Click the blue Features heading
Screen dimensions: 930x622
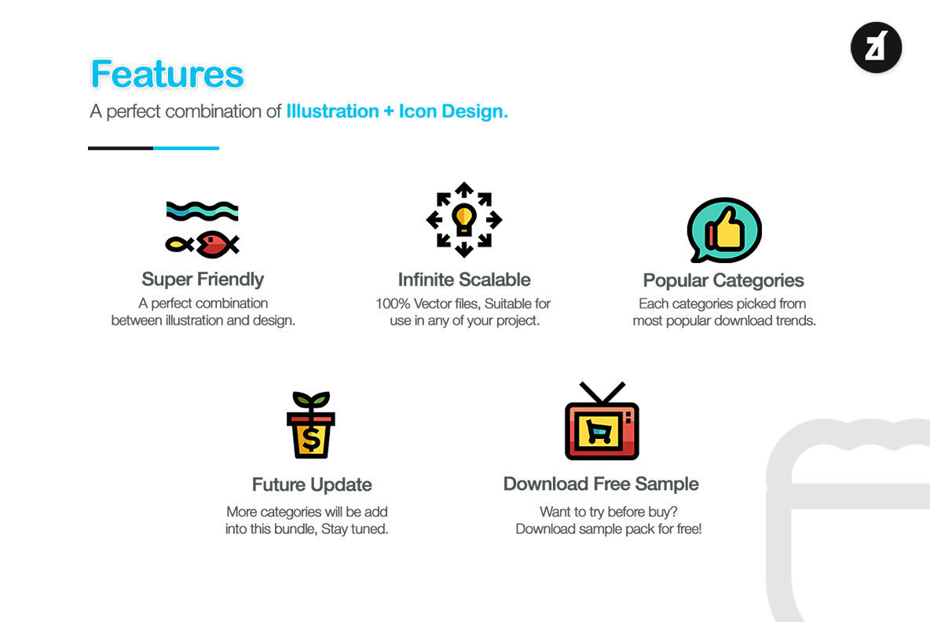click(167, 74)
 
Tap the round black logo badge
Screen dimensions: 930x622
click(876, 47)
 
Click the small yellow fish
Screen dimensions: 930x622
click(179, 243)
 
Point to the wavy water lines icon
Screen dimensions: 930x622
click(202, 210)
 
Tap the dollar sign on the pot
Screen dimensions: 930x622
click(311, 439)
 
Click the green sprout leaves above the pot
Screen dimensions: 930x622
click(311, 399)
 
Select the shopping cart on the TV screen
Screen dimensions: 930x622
click(599, 431)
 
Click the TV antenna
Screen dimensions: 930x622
click(602, 393)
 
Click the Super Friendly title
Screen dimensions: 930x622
click(203, 280)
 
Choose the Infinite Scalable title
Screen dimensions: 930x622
click(464, 280)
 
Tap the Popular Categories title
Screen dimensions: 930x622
click(723, 280)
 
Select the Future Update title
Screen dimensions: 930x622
click(312, 485)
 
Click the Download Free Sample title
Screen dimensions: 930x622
click(601, 484)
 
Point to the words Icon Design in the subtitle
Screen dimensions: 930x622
click(453, 112)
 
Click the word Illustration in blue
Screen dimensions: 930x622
click(333, 112)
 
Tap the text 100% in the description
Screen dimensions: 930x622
click(393, 304)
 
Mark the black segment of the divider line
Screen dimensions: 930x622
click(120, 148)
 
